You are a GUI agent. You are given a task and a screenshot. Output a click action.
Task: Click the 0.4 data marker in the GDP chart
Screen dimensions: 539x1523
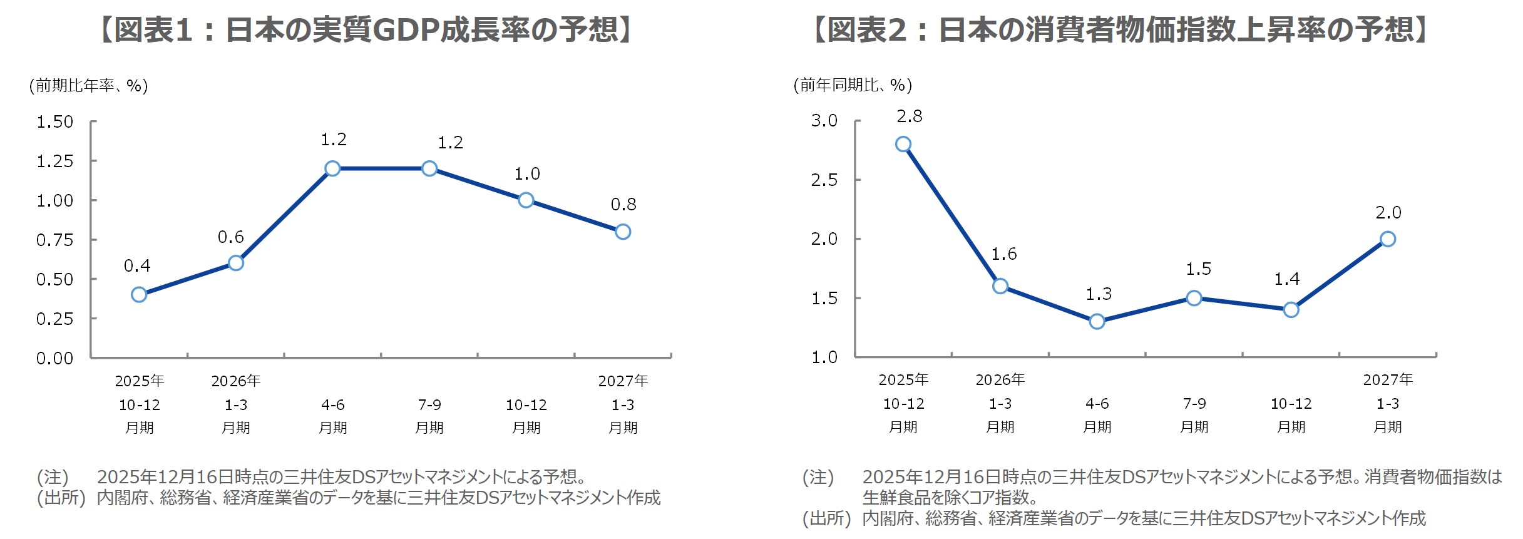pos(139,295)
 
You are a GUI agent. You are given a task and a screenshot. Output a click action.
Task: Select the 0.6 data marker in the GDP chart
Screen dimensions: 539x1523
pos(236,263)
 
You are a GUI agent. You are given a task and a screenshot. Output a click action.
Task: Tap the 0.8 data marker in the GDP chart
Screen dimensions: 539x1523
pos(623,232)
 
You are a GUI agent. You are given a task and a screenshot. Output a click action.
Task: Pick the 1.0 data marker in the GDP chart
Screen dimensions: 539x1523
pos(526,200)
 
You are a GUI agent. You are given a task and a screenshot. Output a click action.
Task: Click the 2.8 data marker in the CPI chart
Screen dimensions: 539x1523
pos(903,145)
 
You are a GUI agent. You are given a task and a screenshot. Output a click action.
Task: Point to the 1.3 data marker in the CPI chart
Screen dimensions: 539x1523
pos(1097,322)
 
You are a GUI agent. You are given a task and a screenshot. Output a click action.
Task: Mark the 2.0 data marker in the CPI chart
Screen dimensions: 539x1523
pos(1388,239)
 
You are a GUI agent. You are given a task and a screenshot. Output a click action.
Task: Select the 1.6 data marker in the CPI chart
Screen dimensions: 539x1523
pos(1000,286)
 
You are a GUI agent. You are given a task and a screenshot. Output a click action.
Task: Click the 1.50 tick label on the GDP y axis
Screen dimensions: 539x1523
pos(55,122)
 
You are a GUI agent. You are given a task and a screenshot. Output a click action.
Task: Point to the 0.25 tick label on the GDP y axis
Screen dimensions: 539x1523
pos(55,319)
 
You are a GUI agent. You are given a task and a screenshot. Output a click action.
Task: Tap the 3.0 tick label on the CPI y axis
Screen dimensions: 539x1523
pos(824,121)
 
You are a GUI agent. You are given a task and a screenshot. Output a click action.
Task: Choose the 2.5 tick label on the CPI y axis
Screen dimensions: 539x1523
pos(824,180)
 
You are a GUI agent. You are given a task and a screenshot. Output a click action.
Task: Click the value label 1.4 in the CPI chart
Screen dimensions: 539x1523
pos(1287,279)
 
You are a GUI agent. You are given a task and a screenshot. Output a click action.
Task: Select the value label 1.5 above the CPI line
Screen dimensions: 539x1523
pos(1198,269)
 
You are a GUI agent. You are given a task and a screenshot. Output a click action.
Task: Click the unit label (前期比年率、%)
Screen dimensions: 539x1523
pos(88,86)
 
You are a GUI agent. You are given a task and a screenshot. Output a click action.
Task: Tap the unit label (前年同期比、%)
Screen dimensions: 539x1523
pos(853,85)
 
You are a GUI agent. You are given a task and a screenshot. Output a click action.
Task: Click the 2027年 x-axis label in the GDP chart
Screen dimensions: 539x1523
pos(623,381)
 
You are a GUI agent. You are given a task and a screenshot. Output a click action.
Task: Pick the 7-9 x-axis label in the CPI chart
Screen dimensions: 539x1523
pos(1194,404)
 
